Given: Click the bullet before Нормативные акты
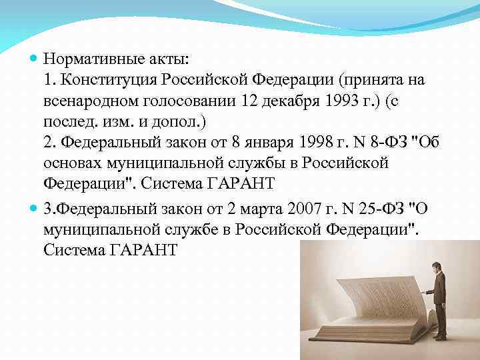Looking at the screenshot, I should (35, 59).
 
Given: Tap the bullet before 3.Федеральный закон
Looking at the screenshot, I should (35, 208).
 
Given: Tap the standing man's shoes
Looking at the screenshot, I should (440, 338).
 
